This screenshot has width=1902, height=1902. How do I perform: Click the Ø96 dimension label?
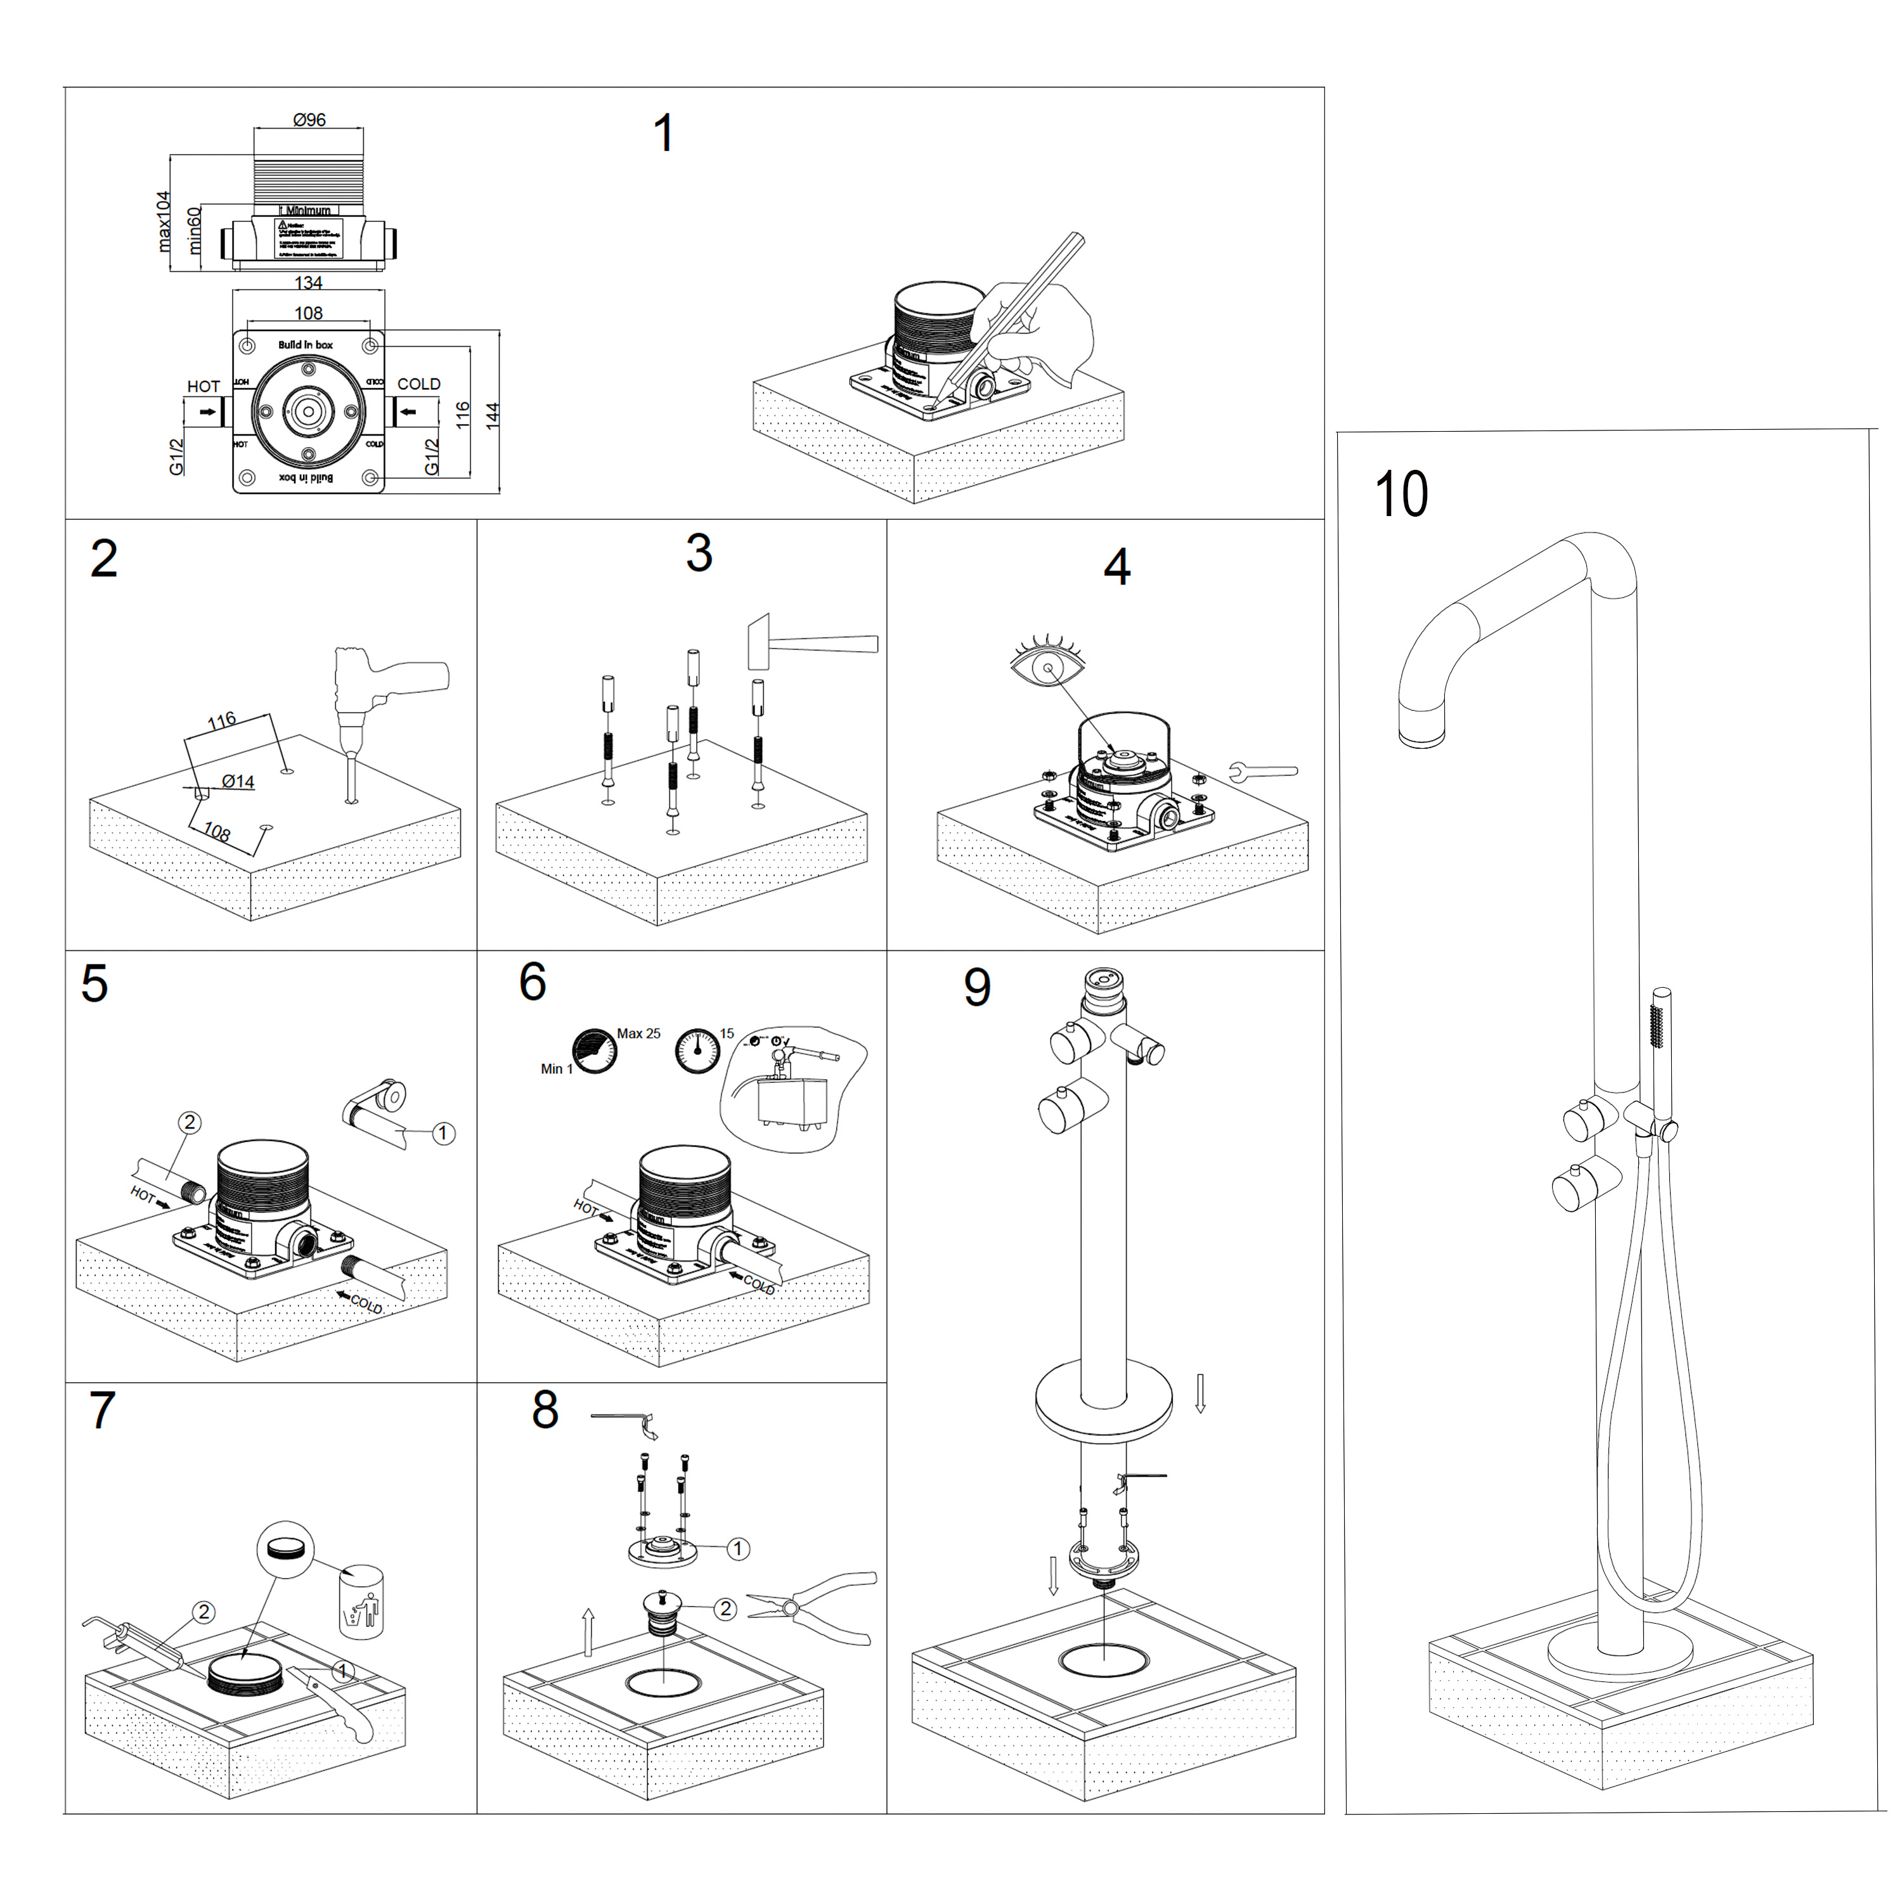(x=309, y=120)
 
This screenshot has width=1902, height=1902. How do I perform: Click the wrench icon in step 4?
(x=1263, y=771)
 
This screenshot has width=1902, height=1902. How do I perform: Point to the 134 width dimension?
(x=308, y=283)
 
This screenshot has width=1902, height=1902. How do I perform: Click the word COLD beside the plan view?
(x=418, y=384)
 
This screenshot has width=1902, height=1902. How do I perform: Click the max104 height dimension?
(x=164, y=221)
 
